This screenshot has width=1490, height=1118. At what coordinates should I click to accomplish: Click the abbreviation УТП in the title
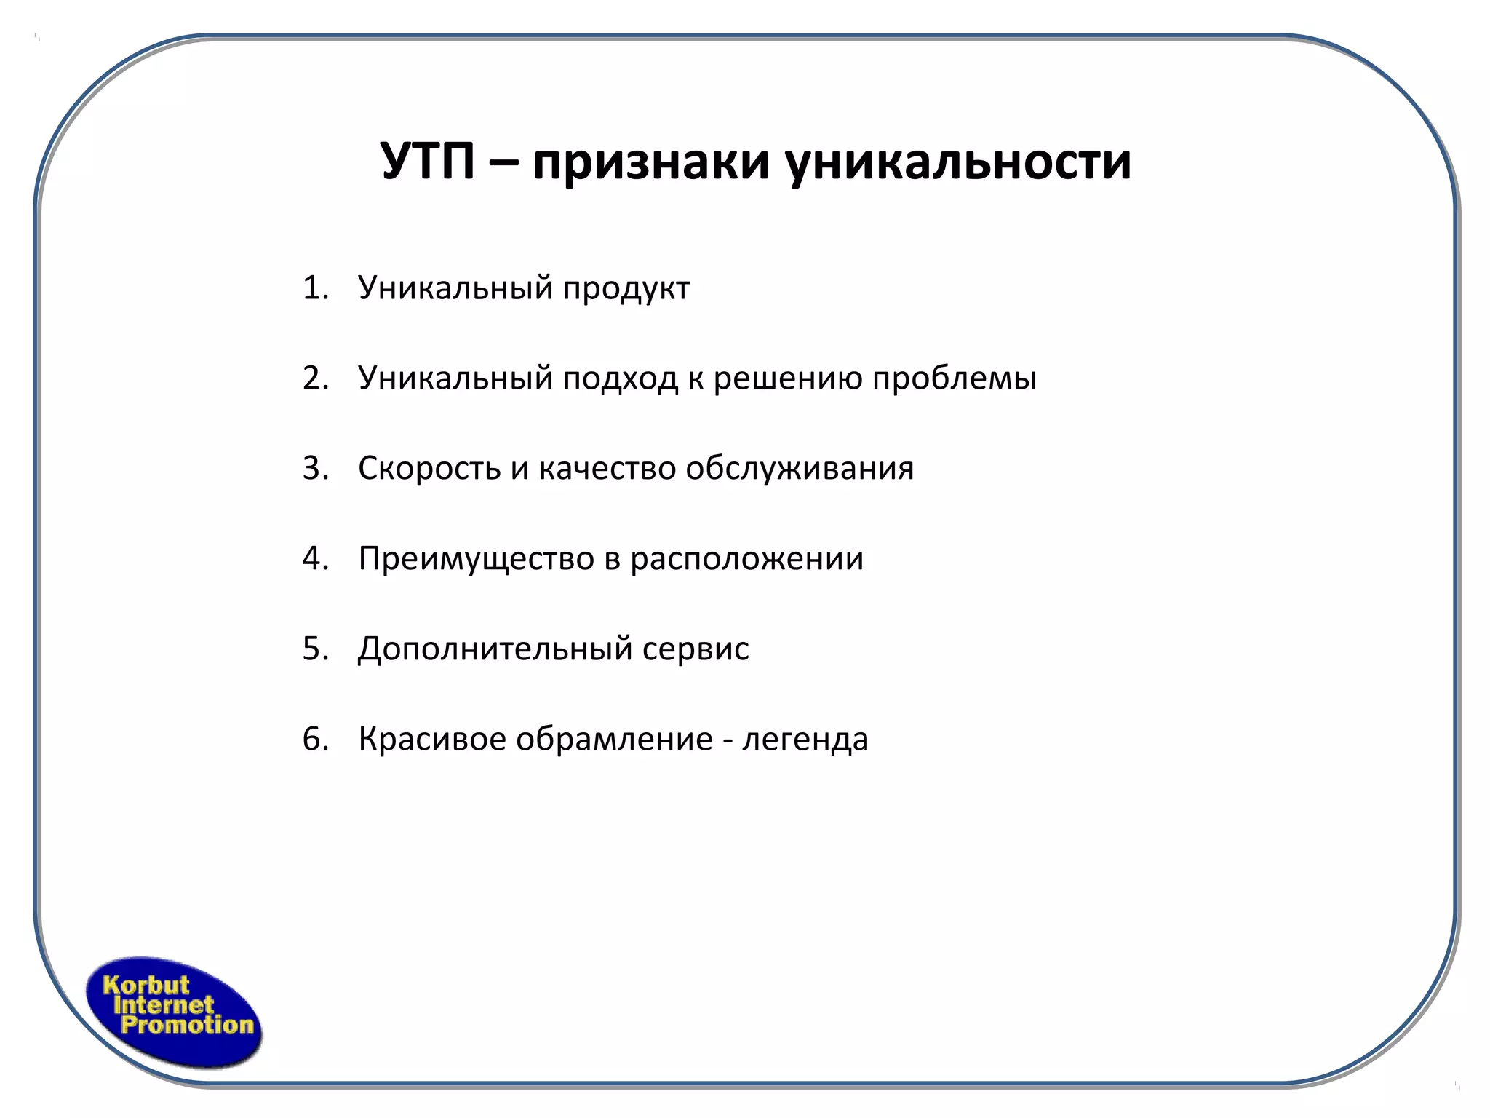pos(428,162)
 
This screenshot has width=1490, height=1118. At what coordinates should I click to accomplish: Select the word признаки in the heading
pos(650,162)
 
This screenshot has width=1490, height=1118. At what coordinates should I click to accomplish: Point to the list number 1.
pos(315,288)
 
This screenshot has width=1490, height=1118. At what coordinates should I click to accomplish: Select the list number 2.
pos(315,378)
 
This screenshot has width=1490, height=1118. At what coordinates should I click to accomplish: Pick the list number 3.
pos(315,469)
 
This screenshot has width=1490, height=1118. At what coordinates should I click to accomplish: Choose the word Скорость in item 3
pos(429,469)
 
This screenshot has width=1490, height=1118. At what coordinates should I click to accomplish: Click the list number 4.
pos(315,559)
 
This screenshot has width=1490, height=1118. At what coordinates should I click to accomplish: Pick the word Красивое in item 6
pos(432,740)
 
